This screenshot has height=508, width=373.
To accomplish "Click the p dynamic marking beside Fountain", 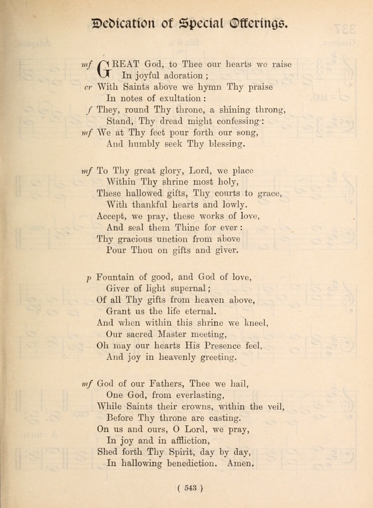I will pyautogui.click(x=89, y=278).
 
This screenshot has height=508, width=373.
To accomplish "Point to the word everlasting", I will pyautogui.click(x=178, y=395).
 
